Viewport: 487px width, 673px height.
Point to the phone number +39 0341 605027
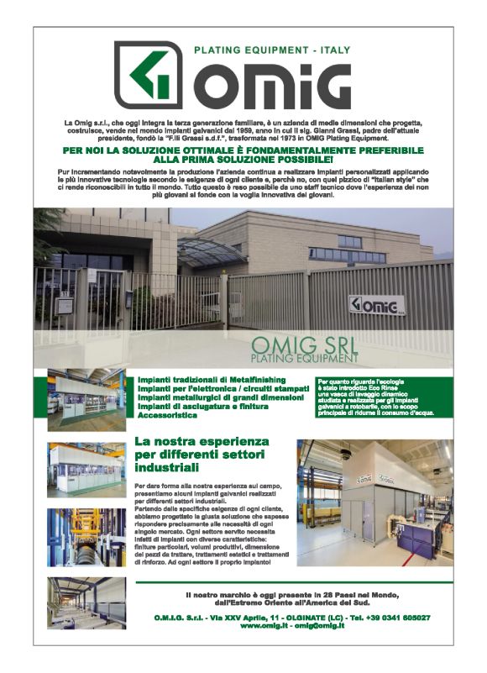click(x=399, y=618)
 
